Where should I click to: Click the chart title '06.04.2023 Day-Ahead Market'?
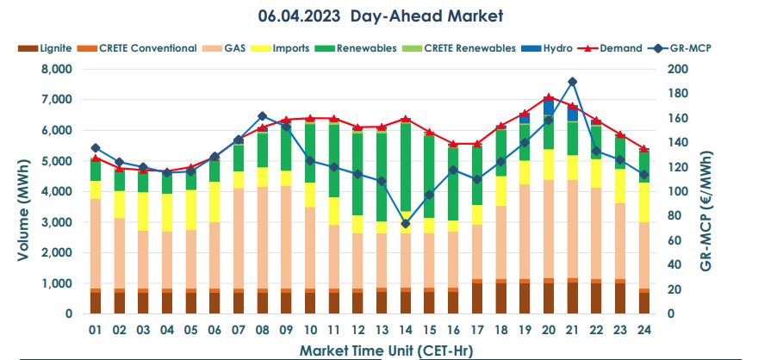click(380, 16)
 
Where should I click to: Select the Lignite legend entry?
click(45, 48)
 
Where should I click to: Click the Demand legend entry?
click(612, 48)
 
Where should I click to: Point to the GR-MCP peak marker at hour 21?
click(572, 82)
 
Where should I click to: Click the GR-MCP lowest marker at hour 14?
click(405, 224)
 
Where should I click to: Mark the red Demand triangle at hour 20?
click(549, 97)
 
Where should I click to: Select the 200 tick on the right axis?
click(679, 69)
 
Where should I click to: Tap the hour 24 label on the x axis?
click(643, 330)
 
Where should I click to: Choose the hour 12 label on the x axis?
click(357, 330)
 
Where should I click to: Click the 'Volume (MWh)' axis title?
click(24, 191)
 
